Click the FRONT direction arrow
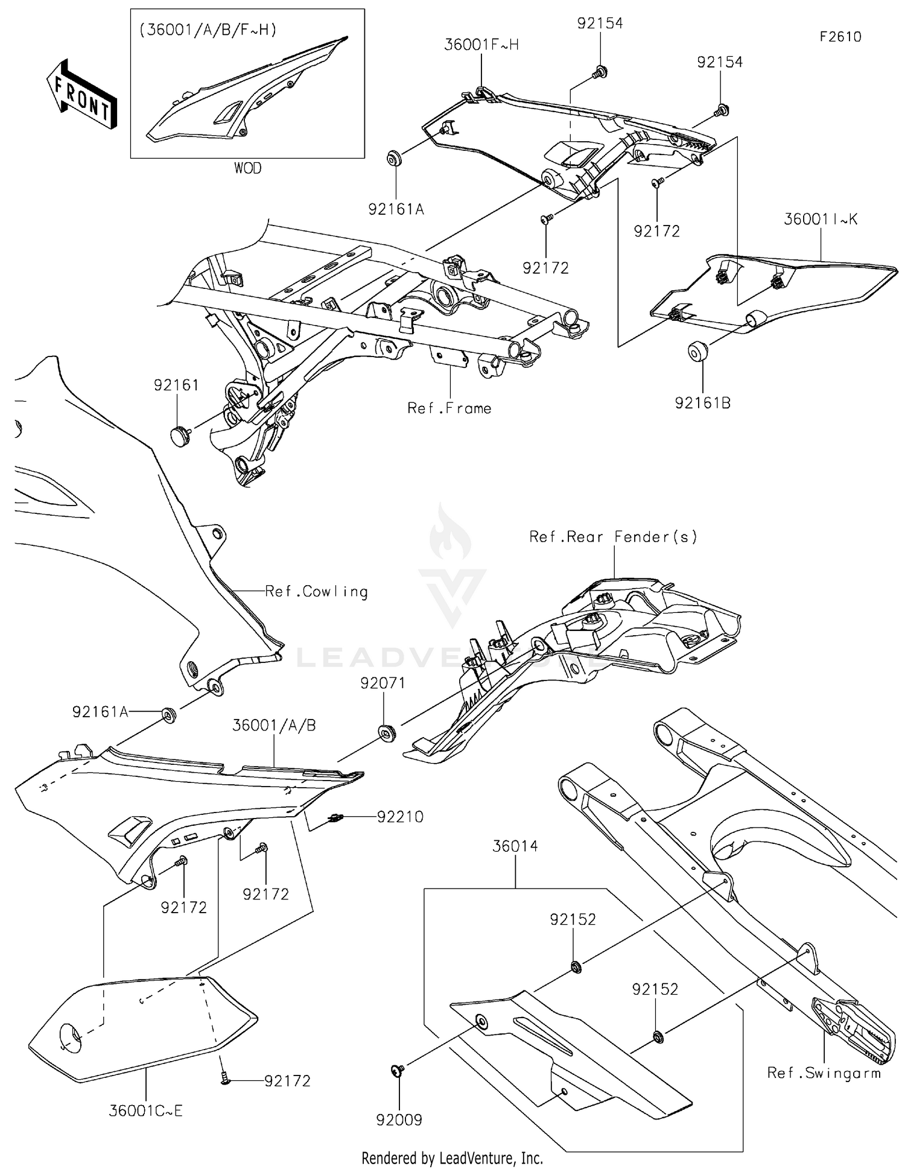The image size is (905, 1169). [x=81, y=95]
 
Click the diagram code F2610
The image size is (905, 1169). [x=840, y=37]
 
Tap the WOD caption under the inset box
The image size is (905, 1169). [x=247, y=169]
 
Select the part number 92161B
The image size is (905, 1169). [x=702, y=403]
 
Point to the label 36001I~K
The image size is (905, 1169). [x=821, y=219]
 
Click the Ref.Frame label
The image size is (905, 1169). [x=449, y=408]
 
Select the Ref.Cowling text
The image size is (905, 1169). [x=317, y=591]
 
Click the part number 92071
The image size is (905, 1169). [x=383, y=683]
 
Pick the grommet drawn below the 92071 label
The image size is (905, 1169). [x=386, y=732]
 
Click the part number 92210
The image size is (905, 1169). [x=400, y=817]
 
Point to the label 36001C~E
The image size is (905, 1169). [x=145, y=1110]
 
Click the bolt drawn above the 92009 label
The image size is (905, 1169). [x=397, y=1070]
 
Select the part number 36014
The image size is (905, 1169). [x=515, y=846]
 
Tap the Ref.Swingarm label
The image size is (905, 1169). [x=824, y=1073]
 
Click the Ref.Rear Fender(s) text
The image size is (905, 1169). [x=613, y=536]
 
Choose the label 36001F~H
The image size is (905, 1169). [x=481, y=45]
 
